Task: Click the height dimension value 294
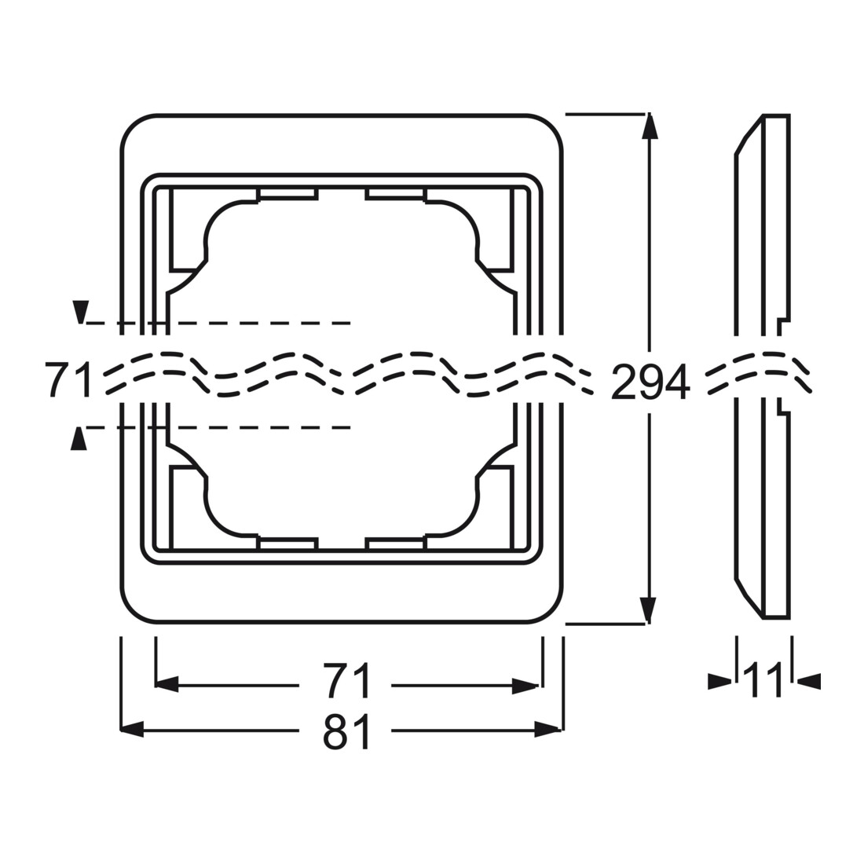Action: (650, 382)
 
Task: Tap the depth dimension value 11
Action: (763, 680)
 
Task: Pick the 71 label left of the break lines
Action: (68, 379)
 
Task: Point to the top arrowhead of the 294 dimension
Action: (650, 126)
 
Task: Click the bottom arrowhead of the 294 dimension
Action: (650, 612)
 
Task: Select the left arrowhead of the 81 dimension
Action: (132, 730)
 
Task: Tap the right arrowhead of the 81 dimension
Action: (548, 730)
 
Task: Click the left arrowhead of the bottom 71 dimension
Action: (168, 686)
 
